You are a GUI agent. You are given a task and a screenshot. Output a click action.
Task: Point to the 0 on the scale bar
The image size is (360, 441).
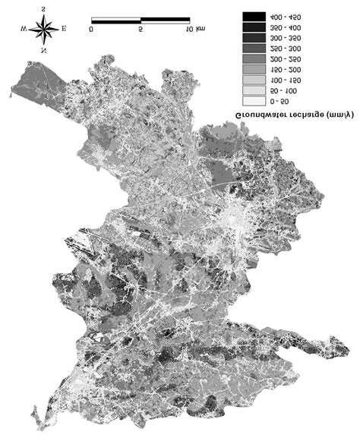click(x=91, y=30)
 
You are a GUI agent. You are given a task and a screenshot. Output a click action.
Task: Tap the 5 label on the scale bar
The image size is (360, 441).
click(x=141, y=30)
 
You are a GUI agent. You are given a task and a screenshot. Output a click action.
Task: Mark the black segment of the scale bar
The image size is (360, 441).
click(x=115, y=17)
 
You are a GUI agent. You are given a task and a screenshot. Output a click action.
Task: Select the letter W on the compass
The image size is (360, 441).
click(x=25, y=30)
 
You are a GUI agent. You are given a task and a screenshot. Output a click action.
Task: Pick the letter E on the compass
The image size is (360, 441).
click(x=63, y=30)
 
